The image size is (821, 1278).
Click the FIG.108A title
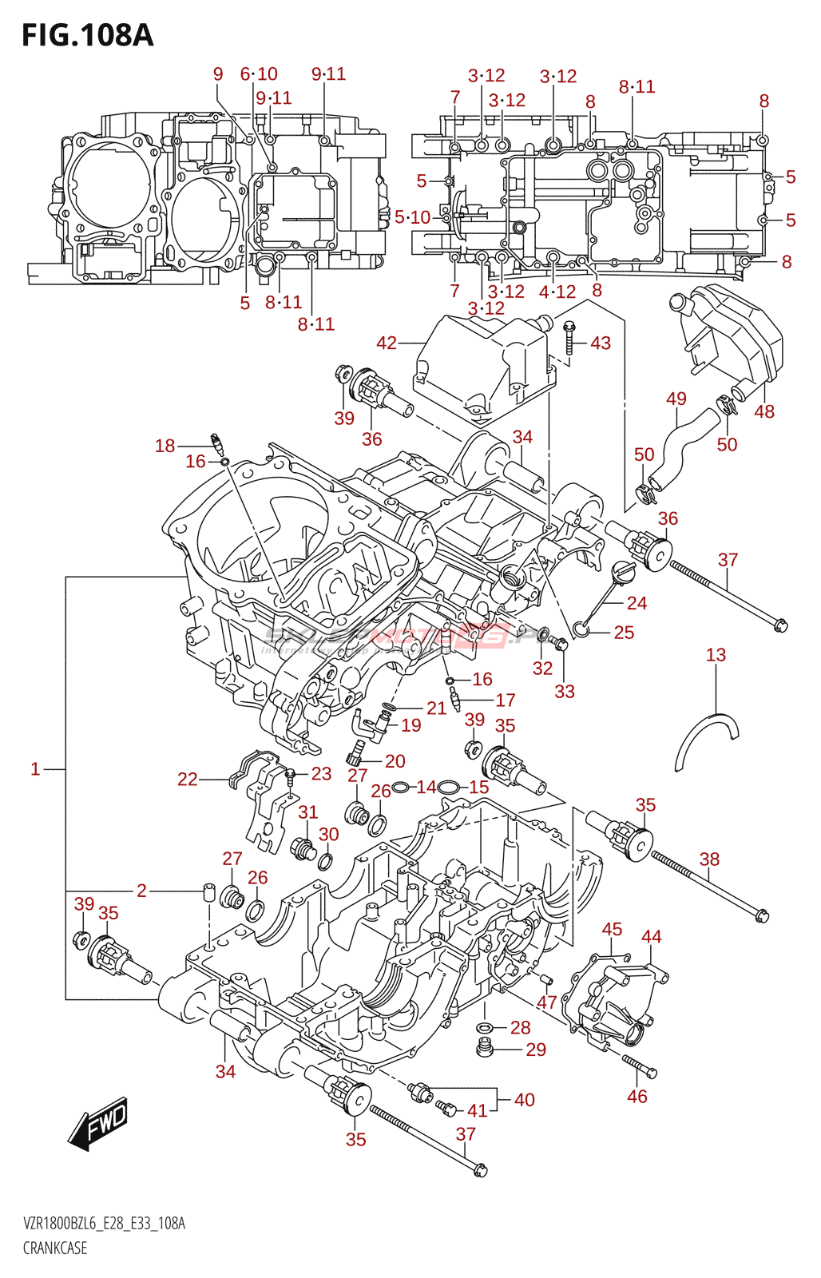point(87,35)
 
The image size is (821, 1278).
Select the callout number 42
point(387,343)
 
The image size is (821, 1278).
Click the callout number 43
point(601,343)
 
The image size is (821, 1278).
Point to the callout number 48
point(764,411)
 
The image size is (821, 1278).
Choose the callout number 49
point(676,399)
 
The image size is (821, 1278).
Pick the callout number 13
point(716,655)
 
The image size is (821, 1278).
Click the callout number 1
point(35,768)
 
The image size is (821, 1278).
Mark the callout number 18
point(165,446)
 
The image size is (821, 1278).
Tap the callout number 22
point(188,779)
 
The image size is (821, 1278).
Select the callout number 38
point(709,859)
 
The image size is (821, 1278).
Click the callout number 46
point(637,1096)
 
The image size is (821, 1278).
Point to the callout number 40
point(525,1099)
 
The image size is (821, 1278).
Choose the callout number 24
point(637,603)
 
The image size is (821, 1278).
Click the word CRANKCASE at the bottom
point(55,1248)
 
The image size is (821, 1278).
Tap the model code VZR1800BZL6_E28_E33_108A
point(104,1224)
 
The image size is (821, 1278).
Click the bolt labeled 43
point(569,339)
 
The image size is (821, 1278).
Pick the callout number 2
point(141,891)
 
